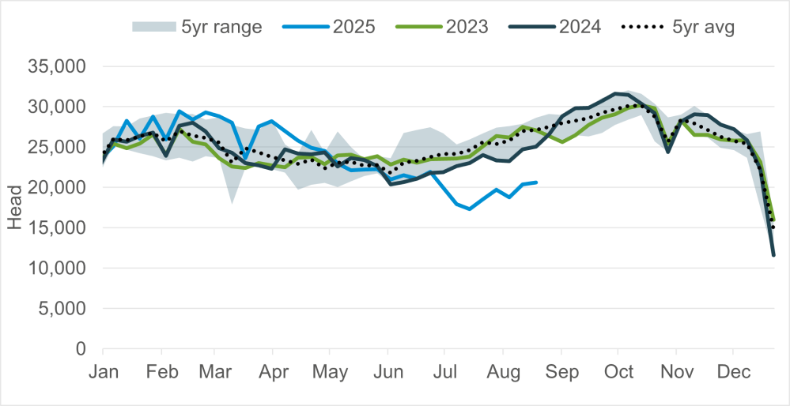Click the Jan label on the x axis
103,371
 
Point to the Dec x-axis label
733,371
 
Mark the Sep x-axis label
561,371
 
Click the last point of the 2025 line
537,182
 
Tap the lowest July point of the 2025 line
470,209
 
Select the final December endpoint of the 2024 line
773,255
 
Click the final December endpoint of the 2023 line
774,220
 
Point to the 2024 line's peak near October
615,93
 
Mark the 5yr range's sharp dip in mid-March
232,203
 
